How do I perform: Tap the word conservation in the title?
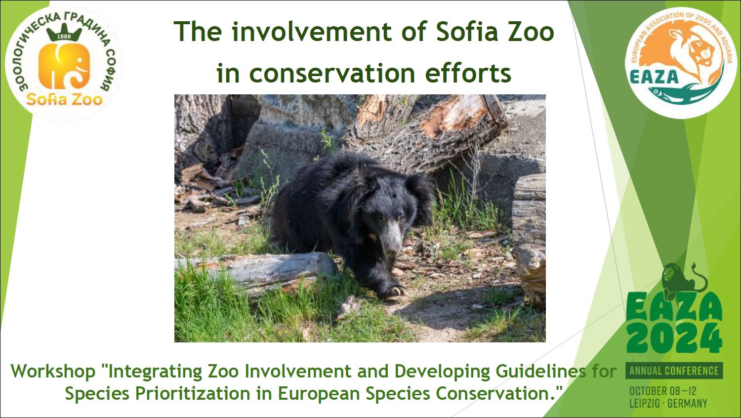coord(332,74)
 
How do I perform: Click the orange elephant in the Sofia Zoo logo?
coord(64,66)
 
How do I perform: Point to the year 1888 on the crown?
coord(64,36)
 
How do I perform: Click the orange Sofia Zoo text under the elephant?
coord(64,99)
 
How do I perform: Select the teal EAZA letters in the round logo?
coord(654,77)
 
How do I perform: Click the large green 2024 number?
coord(674,338)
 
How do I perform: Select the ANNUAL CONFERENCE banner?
coord(674,371)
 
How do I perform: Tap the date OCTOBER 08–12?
coord(663,391)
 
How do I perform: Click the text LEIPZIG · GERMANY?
coord(668,404)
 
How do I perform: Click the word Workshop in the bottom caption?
coord(53,372)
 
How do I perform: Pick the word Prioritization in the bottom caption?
coord(193,393)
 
